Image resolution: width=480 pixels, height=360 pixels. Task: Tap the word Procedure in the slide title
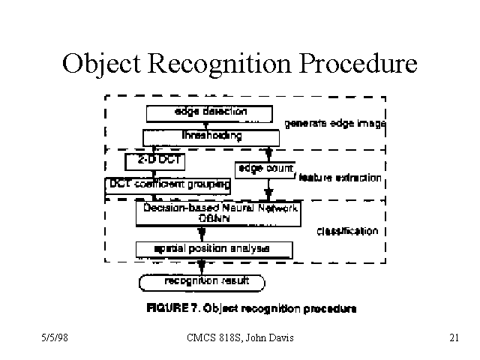[358, 64]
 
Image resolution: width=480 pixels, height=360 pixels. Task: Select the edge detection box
[207, 112]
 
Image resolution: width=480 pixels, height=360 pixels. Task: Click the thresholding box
[211, 136]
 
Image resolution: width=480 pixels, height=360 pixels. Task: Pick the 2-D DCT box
[154, 161]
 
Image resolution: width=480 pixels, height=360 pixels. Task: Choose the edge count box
[265, 169]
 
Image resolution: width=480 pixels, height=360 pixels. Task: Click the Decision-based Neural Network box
[217, 212]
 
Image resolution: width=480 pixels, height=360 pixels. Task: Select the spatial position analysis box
[214, 248]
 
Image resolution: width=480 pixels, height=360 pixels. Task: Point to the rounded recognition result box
[202, 282]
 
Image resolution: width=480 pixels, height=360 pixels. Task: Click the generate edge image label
[334, 124]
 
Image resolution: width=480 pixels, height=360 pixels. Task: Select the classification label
[347, 231]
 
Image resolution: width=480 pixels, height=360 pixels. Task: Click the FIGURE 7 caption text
[251, 308]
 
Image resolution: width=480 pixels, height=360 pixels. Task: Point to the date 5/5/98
[55, 338]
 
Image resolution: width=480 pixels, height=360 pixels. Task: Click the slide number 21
[453, 338]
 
